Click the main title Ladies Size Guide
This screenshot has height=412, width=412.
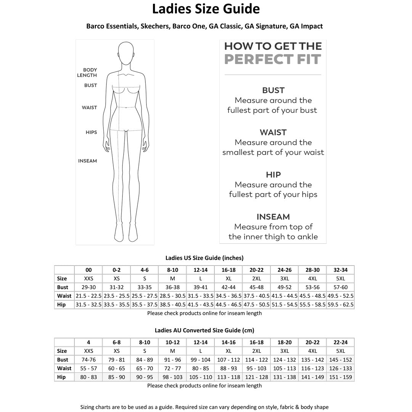point(206,9)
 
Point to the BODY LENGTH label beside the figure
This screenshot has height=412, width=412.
point(90,72)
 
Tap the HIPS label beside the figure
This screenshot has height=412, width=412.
point(91,132)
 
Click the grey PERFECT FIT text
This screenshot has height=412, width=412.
point(273,60)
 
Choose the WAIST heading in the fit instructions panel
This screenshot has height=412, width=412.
point(273,132)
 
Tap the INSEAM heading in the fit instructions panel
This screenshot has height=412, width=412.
point(273,217)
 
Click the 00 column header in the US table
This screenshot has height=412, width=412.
point(89,270)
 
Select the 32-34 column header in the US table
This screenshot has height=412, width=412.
point(341,270)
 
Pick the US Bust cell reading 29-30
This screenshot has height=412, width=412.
point(89,287)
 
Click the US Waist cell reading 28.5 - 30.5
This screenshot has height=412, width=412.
point(173,296)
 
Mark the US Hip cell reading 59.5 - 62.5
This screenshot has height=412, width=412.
point(341,305)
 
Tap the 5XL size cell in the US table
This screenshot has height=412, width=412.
point(341,279)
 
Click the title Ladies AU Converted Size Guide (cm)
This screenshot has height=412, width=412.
point(204,330)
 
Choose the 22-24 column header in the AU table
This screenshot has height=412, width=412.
point(341,343)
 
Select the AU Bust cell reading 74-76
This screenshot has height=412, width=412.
point(89,360)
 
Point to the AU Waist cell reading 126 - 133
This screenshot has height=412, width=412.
point(341,369)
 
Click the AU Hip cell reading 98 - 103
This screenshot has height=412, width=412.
point(173,377)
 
